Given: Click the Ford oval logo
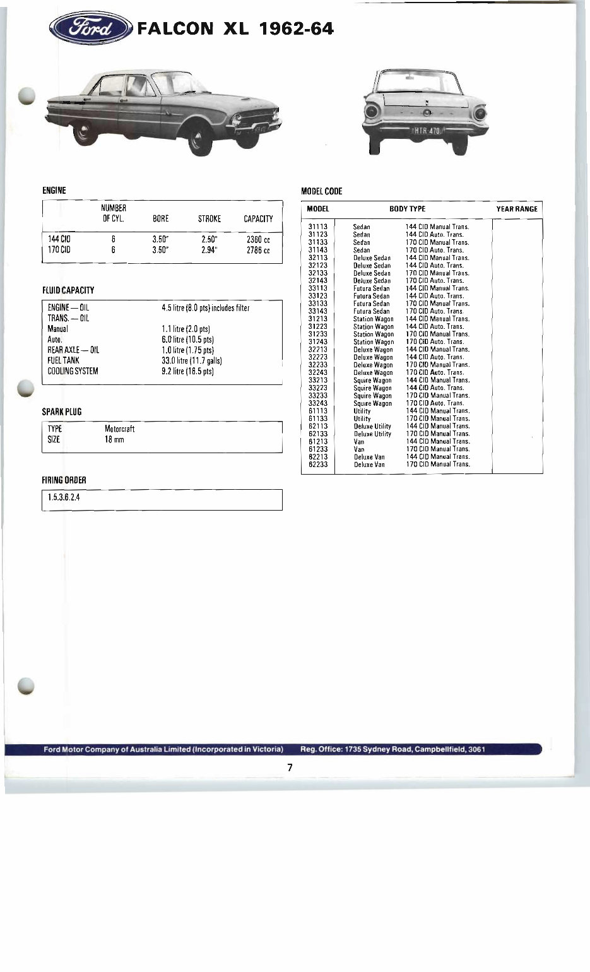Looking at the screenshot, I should click(x=91, y=28).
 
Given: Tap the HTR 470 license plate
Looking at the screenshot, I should click(x=427, y=131).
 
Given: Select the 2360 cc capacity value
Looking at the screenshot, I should click(x=257, y=240).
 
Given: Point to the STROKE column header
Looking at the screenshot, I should click(x=209, y=219).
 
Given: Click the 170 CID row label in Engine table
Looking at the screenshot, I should click(x=59, y=250).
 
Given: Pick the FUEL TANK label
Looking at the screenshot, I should click(x=63, y=360).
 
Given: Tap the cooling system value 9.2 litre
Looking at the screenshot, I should click(x=187, y=371).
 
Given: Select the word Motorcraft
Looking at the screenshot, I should click(x=119, y=429).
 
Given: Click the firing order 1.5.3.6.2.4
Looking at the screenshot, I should click(x=64, y=497).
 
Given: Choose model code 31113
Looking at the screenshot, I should click(x=317, y=227).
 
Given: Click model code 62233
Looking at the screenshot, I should click(x=317, y=465).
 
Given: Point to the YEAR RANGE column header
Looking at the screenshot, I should click(x=517, y=209).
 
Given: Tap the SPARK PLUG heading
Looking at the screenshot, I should click(x=62, y=412).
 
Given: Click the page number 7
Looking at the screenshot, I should click(x=290, y=768).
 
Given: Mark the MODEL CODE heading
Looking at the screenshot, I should click(x=322, y=191).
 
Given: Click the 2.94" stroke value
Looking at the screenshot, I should click(x=209, y=250).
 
